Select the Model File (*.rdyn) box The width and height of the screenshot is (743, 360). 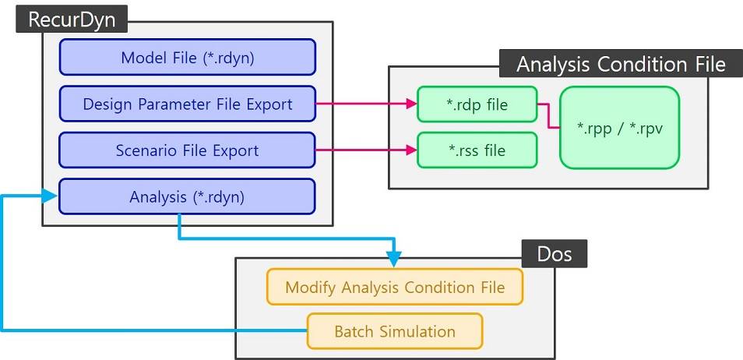point(187,57)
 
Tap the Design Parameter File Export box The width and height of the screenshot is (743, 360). point(187,104)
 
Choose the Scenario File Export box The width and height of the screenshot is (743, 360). point(187,150)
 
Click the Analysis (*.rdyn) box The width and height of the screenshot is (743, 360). point(187,197)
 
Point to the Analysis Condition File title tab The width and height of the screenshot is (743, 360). point(620,63)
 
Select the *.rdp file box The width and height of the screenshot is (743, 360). point(477,104)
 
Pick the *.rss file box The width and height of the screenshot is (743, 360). point(477,150)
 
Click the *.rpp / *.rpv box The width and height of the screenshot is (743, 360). point(619,127)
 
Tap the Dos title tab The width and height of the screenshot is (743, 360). point(555,255)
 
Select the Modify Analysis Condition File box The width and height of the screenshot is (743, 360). point(395,287)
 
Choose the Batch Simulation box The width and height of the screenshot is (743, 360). point(395,331)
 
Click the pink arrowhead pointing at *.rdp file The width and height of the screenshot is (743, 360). point(410,104)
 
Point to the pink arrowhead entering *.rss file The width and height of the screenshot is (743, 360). point(410,150)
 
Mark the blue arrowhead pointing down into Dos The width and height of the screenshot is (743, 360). point(394,258)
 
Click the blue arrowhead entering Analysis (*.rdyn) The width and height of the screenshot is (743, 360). point(52,197)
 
